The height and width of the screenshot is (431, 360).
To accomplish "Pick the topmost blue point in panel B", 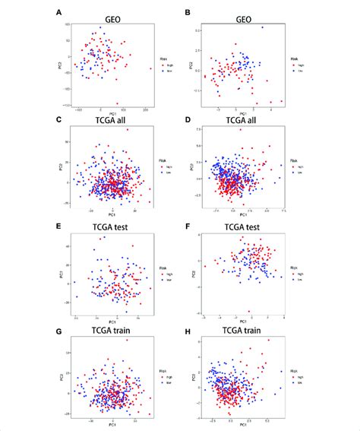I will tap(263, 27).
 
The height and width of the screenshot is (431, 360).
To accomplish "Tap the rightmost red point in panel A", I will tap(151, 68).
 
